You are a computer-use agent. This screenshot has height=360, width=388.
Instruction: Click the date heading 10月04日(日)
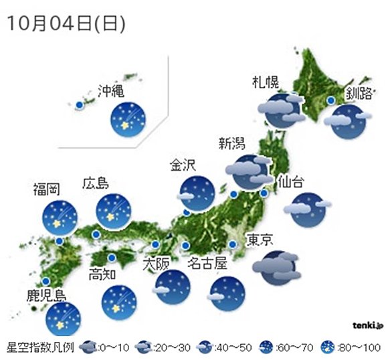(66, 23)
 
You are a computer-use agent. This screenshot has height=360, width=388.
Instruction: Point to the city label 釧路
(359, 93)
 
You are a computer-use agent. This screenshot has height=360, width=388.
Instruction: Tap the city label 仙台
(292, 181)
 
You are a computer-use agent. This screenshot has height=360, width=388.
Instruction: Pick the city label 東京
(260, 240)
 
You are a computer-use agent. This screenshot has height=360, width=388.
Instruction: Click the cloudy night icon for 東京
(274, 267)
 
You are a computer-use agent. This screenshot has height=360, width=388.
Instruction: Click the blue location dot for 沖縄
(79, 105)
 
